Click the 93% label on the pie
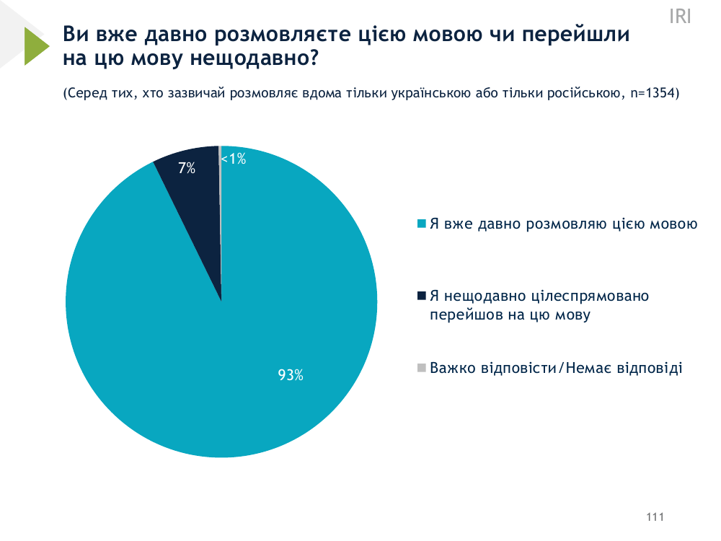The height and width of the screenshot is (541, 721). click(291, 375)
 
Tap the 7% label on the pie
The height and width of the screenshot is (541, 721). click(187, 168)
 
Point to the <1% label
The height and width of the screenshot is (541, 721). click(234, 159)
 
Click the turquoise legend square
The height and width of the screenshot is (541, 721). click(422, 223)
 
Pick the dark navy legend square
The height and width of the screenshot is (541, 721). click(422, 296)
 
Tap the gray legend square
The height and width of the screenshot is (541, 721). click(422, 368)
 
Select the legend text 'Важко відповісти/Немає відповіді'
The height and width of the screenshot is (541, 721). click(555, 368)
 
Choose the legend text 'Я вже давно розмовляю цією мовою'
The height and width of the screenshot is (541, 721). click(563, 224)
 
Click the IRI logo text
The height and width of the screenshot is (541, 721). click(680, 17)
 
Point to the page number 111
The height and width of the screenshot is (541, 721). click(655, 517)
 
